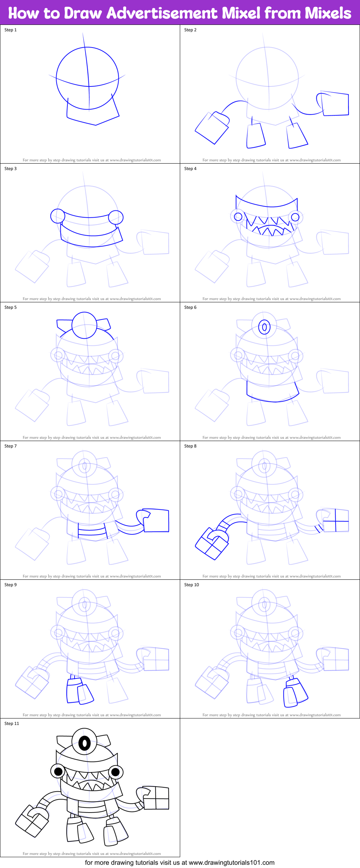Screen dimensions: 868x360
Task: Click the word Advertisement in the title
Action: coord(162,13)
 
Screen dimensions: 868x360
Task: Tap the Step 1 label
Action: coord(10,30)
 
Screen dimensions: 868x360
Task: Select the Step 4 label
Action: coord(190,169)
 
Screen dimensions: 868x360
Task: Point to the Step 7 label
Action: coord(10,446)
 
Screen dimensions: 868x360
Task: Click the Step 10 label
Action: coord(191,585)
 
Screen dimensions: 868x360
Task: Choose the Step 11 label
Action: coord(12,724)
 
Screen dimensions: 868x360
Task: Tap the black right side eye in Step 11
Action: coord(116,772)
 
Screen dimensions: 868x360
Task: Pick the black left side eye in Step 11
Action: coord(58,772)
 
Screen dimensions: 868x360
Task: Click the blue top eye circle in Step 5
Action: coord(84,325)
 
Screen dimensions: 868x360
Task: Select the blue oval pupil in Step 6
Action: coord(265,327)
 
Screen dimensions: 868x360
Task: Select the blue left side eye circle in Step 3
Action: coord(58,216)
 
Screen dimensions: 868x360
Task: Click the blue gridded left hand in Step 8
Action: coord(212,544)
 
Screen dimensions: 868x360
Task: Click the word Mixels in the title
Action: coord(328,13)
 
